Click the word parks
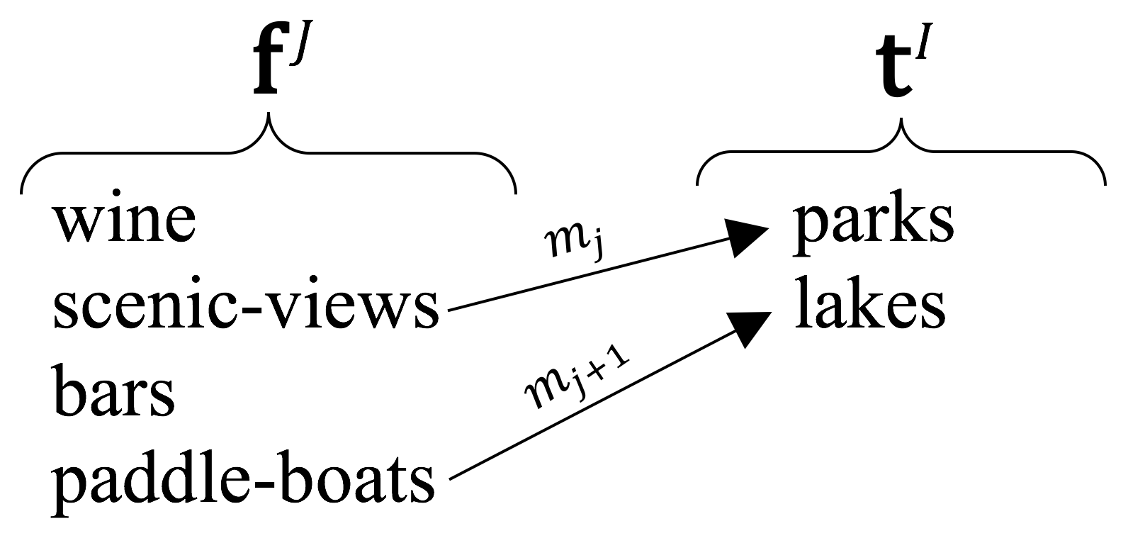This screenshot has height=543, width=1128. (x=873, y=222)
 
